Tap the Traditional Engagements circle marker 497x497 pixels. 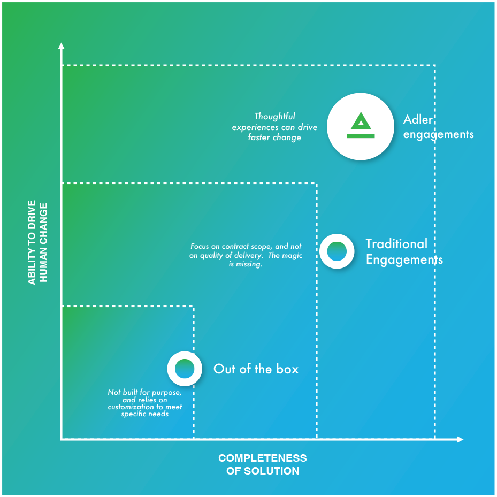(337, 251)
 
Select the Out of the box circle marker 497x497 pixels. (185, 369)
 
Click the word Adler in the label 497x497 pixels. (418, 119)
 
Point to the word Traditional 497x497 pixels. (396, 244)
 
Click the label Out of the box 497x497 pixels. (256, 369)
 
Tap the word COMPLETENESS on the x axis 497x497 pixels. (263, 458)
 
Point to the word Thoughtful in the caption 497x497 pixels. (274, 116)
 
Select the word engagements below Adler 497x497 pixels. (438, 134)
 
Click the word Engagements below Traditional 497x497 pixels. (404, 260)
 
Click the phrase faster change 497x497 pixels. (274, 137)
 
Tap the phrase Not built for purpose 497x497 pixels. (144, 393)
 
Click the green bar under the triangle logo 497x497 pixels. (361, 136)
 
